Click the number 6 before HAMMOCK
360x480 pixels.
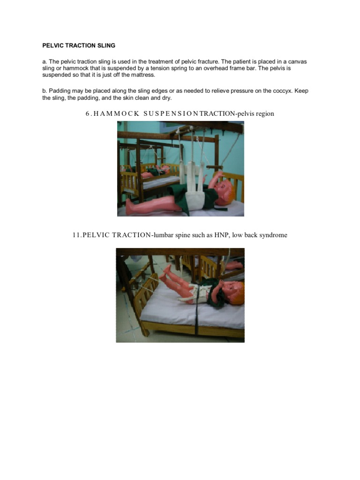pos(88,113)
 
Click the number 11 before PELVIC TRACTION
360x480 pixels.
pos(76,235)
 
